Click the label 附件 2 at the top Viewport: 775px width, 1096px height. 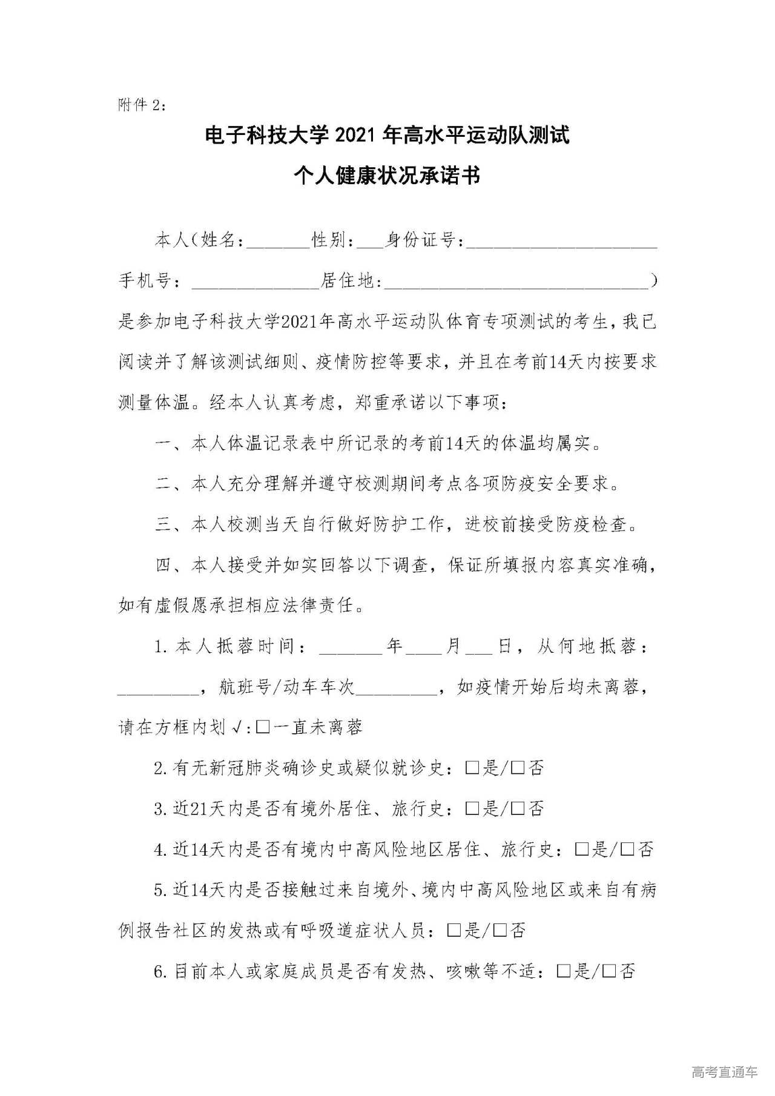(x=141, y=105)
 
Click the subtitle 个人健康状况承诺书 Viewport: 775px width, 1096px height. (x=387, y=176)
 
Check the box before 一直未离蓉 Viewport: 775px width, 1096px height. (x=263, y=727)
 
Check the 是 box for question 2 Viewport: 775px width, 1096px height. (x=472, y=768)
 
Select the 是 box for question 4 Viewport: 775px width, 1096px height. (x=582, y=850)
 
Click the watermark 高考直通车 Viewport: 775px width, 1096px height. (x=724, y=1072)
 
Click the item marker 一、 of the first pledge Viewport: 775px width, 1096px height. (x=168, y=444)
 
